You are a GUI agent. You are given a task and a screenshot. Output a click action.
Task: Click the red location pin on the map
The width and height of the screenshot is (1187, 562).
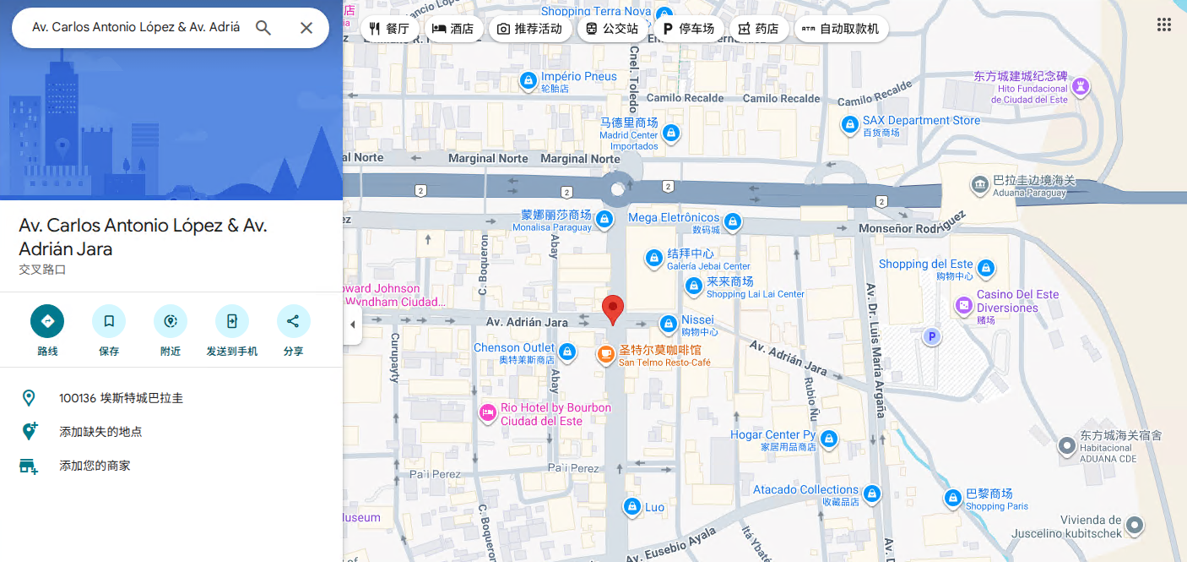point(613,308)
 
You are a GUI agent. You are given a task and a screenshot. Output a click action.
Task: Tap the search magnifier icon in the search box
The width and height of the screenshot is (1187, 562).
point(263,28)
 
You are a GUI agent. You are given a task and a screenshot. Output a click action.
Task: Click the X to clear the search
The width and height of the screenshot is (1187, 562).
point(306,28)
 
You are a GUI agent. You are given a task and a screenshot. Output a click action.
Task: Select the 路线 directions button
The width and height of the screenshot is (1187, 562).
point(47,321)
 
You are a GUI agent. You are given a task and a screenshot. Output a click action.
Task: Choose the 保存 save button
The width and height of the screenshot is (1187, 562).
point(109,321)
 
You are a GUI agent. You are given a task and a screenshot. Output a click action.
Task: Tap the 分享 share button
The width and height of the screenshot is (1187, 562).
point(293,321)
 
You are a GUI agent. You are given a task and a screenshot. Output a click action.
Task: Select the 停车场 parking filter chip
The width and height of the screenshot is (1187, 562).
point(689,29)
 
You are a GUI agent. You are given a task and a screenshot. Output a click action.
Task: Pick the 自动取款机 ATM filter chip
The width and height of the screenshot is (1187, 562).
point(841,29)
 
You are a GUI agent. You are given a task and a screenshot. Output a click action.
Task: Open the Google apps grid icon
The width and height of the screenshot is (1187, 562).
point(1164,25)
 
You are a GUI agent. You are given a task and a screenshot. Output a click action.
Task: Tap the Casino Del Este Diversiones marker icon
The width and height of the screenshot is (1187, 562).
point(963,305)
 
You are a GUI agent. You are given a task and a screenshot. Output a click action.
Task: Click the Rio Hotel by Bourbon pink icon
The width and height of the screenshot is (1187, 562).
point(487,414)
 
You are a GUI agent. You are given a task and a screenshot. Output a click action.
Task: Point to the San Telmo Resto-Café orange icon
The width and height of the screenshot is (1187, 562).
point(605,355)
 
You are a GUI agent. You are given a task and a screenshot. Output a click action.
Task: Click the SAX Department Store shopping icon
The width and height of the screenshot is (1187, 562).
point(850,125)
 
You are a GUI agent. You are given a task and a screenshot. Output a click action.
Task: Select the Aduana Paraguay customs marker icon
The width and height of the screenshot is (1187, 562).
point(979,184)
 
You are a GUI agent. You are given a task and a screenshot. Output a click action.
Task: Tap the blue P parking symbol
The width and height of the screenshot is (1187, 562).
point(932,337)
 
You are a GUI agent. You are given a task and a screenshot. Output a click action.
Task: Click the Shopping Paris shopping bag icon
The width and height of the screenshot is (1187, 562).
point(952,499)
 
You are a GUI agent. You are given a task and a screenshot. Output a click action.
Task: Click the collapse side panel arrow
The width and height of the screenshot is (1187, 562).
point(352,325)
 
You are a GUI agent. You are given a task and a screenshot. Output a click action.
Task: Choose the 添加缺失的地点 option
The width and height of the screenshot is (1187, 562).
point(100,432)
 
